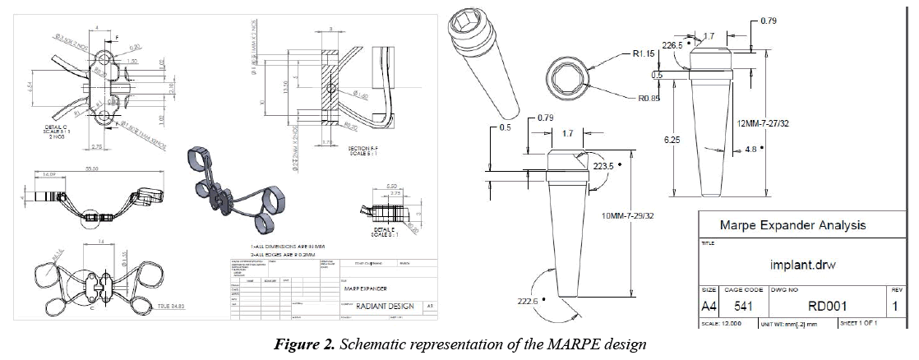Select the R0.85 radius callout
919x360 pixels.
tap(634, 103)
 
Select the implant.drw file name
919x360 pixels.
tap(792, 265)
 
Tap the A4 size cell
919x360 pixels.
tap(707, 307)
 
